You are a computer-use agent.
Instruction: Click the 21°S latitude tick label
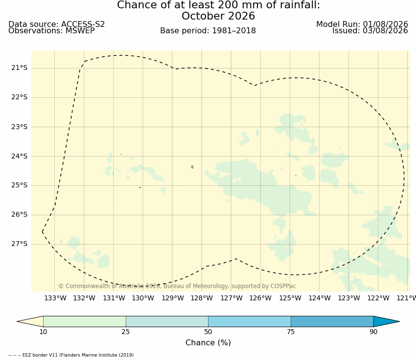tap(19, 68)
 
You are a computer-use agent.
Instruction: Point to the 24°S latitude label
tap(19, 157)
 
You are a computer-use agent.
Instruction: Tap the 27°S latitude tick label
tap(19, 244)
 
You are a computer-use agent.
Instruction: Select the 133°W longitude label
tap(55, 298)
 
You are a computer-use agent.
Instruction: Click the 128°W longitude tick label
tap(202, 298)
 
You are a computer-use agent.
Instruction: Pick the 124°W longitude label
tap(320, 298)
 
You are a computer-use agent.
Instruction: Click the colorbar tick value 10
tap(43, 332)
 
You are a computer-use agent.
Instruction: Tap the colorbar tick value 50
tap(208, 332)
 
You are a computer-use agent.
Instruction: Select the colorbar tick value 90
tap(373, 332)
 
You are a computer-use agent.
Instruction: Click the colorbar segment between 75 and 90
tap(332, 321)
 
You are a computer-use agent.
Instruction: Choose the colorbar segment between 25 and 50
tap(167, 321)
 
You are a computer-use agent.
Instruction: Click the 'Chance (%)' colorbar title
tap(208, 343)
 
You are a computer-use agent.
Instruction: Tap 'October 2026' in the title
tap(218, 16)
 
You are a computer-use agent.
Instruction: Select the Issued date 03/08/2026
tap(385, 31)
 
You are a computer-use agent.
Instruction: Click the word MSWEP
tap(80, 31)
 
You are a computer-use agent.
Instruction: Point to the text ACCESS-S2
tap(83, 24)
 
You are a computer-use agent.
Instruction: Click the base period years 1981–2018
tap(234, 31)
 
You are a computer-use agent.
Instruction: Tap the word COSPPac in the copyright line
tap(283, 286)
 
